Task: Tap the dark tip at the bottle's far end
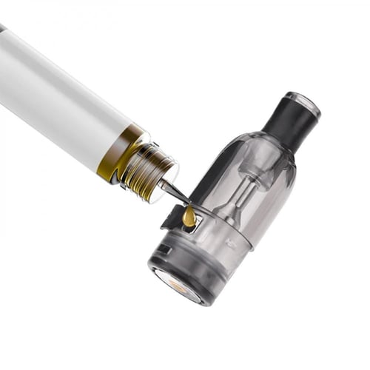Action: pyautogui.click(x=2, y=28)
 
